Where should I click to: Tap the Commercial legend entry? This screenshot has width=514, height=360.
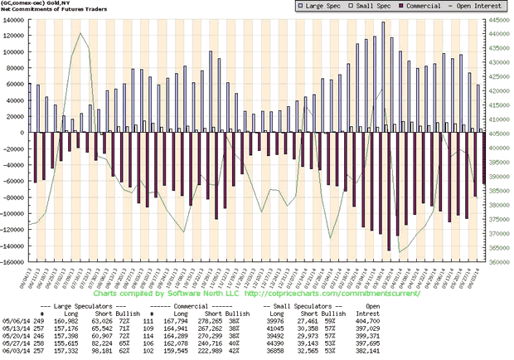click(x=406, y=6)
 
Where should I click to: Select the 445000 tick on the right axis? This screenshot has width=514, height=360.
click(x=499, y=19)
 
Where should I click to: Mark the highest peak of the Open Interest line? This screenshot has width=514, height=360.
click(x=80, y=33)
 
